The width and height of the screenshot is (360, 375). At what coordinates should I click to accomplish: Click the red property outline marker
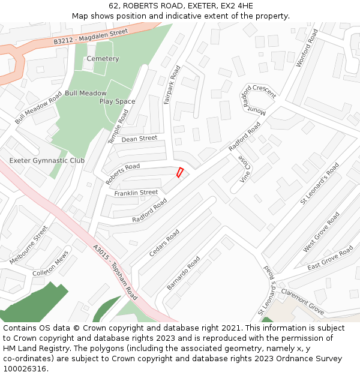click(179, 172)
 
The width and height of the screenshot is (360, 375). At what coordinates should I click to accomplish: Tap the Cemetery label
click(103, 59)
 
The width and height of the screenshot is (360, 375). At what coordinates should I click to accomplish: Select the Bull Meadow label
click(86, 93)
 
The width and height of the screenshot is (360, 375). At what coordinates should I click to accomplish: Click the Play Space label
click(117, 101)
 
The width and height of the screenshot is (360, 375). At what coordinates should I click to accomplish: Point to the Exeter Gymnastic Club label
click(47, 161)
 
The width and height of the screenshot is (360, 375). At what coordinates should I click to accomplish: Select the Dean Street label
click(139, 139)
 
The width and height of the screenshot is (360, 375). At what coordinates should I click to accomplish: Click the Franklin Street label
click(136, 193)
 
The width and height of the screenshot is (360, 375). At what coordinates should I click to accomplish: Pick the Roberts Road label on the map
click(122, 174)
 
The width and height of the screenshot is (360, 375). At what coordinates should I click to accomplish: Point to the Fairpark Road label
click(172, 85)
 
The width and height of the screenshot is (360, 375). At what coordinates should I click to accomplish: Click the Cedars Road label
click(164, 243)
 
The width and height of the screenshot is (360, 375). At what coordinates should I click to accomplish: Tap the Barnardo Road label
click(183, 274)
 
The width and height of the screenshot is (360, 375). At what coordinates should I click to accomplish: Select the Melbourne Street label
click(28, 245)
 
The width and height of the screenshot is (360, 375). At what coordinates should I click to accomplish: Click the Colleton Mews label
click(51, 268)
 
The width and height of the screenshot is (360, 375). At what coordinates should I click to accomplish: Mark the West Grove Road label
click(321, 232)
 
